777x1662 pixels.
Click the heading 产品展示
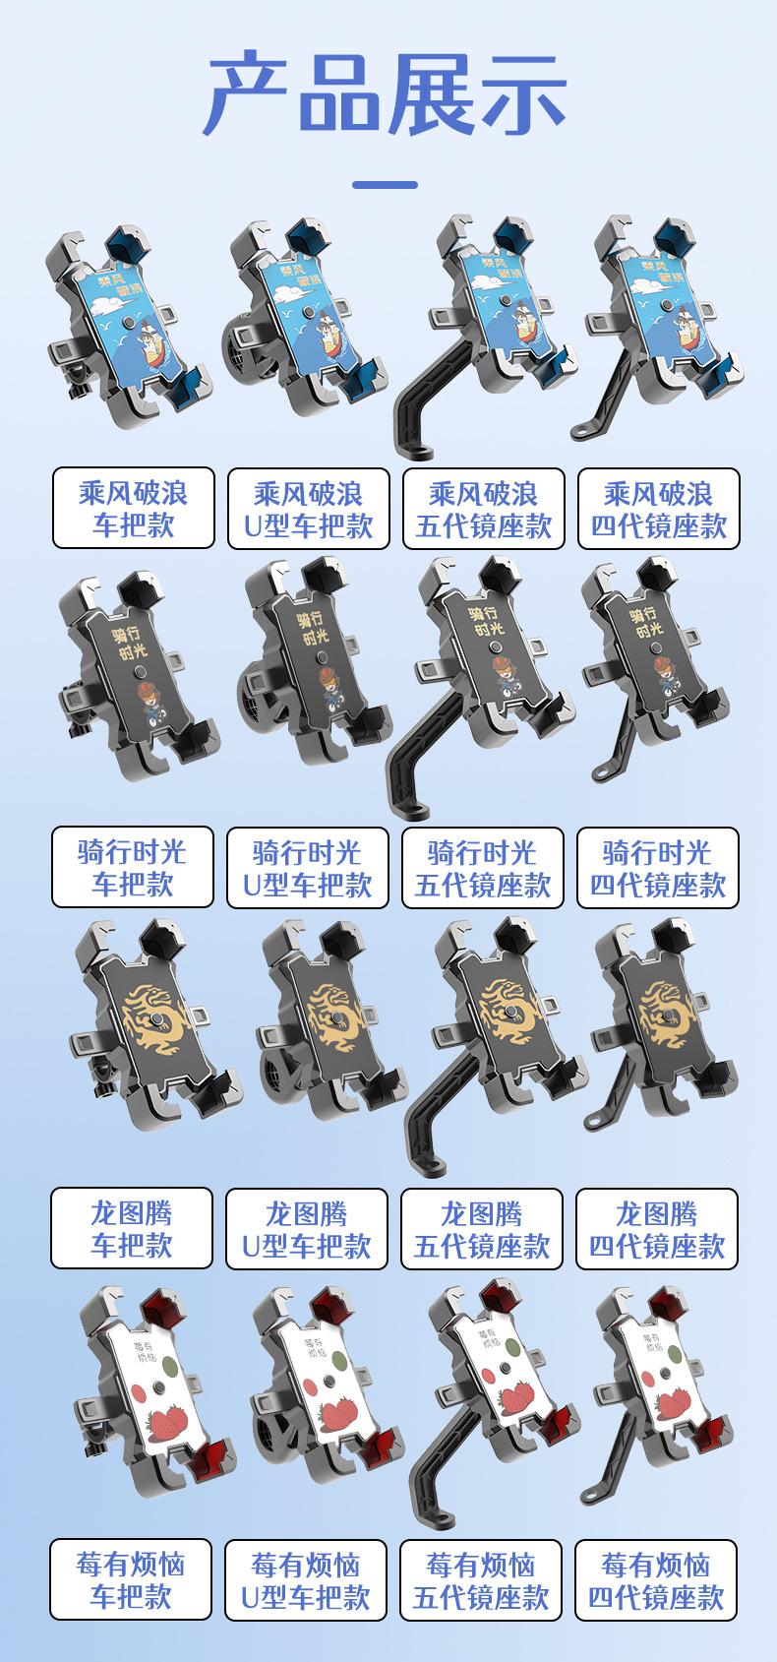386,95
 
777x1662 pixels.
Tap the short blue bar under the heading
385,185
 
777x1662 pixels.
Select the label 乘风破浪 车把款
134,509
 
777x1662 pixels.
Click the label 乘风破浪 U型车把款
309,509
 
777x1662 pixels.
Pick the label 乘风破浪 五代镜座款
483,509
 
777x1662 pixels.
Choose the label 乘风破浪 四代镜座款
658,509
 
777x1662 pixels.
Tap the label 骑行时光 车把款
133,867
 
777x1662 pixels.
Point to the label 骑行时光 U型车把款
308,867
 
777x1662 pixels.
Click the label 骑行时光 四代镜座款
658,867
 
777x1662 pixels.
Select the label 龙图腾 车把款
132,1228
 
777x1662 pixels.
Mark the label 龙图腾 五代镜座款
482,1228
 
